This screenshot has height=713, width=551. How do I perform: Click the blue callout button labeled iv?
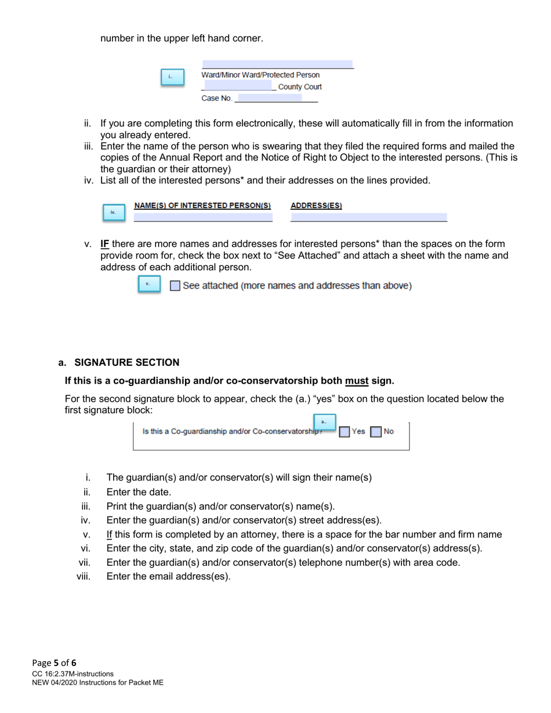click(114, 212)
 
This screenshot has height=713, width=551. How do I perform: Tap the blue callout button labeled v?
click(149, 284)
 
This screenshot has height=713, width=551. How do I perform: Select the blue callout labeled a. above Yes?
click(324, 421)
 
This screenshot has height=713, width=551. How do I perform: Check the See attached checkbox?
click(175, 286)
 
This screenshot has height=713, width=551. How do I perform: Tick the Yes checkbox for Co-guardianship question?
click(345, 432)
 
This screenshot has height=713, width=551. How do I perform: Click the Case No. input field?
click(270, 99)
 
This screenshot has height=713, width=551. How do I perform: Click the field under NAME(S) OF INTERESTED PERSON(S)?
click(203, 218)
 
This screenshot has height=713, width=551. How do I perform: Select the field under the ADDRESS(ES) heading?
click(369, 218)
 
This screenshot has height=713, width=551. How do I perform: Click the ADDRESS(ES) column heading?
click(316, 206)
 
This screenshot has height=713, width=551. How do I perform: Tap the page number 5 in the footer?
click(56, 663)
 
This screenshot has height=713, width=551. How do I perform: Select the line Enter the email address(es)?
click(168, 577)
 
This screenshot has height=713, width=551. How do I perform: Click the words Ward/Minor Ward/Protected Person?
click(260, 75)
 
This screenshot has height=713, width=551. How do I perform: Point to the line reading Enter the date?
click(139, 492)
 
